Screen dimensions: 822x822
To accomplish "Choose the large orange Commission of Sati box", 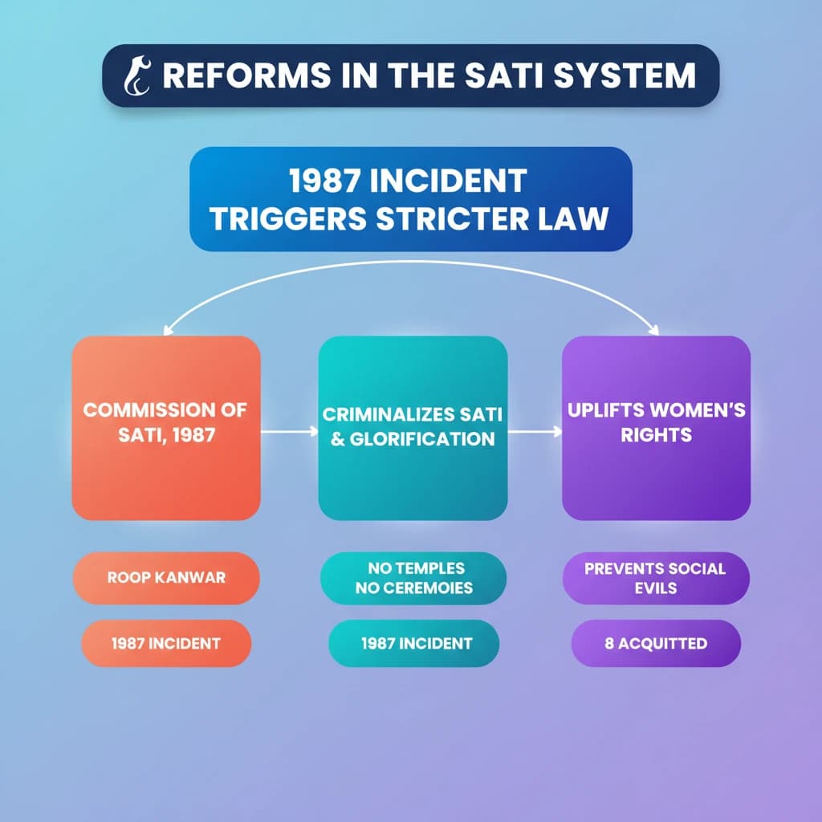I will coord(166,428).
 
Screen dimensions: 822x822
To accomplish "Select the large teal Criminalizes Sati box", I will coord(413,428).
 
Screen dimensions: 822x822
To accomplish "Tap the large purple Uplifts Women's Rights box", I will coord(656,428).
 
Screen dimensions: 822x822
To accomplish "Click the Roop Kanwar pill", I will coord(166,577).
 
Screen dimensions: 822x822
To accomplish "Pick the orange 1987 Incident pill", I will coord(166,643).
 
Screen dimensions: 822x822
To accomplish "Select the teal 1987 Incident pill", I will coord(415,643).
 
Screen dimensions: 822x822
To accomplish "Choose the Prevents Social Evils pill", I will coord(656,577).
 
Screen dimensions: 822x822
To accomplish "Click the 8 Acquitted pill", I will coord(656,643).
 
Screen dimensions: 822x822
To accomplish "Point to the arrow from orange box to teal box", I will coord(289,432).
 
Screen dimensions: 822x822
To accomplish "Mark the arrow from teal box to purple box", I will coord(535,432).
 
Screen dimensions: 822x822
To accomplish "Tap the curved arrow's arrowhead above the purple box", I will coord(653,328).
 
